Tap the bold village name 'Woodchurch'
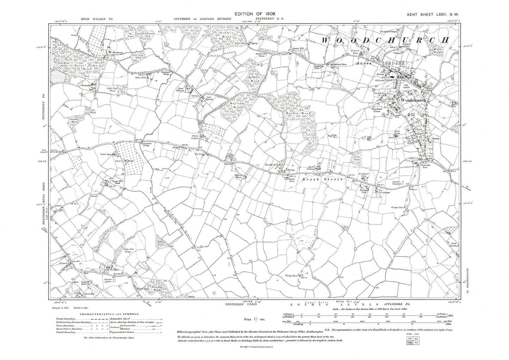(x=413, y=100)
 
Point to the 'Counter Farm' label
(x=399, y=207)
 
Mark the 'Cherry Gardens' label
(x=194, y=137)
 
